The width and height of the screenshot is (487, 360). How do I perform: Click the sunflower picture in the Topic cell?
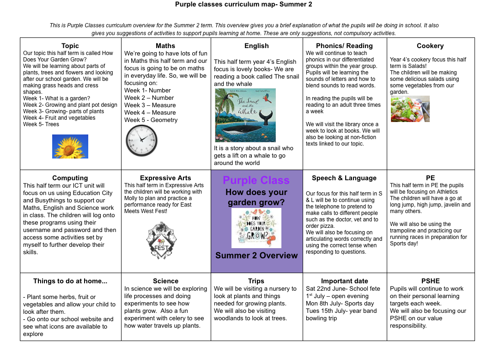[x=70, y=146]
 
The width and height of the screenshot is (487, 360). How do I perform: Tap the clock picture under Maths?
[x=141, y=140]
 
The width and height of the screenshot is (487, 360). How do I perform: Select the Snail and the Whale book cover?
[x=245, y=115]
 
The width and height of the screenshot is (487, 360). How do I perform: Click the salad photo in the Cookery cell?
[x=410, y=109]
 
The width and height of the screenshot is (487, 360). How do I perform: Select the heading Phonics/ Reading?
[x=344, y=46]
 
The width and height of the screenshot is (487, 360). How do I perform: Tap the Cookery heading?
[x=430, y=46]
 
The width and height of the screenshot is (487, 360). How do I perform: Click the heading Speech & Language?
[x=344, y=178]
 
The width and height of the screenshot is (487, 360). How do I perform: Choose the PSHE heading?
[x=430, y=281]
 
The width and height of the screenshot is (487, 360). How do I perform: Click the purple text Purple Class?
[x=256, y=180]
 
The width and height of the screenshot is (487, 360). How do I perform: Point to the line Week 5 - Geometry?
[x=151, y=120]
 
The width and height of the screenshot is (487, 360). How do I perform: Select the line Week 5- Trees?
[x=41, y=124]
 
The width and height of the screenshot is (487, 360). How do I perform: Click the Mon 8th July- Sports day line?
[x=340, y=304]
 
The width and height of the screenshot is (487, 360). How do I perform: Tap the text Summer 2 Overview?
[x=256, y=256]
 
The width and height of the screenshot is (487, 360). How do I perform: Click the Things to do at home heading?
[x=70, y=281]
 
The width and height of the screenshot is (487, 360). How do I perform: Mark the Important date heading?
[x=344, y=281]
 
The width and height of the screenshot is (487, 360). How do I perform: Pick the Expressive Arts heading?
[x=165, y=178]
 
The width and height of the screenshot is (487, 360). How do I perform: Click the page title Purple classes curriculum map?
[x=243, y=5]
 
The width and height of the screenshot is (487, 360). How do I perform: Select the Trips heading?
[x=256, y=281]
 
